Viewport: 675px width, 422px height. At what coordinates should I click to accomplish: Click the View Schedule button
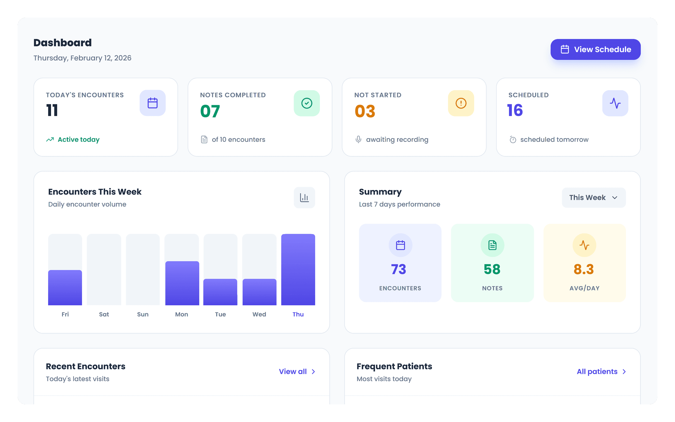[595, 49]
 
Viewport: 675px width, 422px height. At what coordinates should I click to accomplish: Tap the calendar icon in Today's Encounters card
[152, 103]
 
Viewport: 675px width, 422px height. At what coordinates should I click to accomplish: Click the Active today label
[78, 139]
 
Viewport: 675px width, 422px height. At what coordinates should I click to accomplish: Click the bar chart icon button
[304, 197]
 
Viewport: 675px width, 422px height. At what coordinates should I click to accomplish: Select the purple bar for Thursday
[298, 269]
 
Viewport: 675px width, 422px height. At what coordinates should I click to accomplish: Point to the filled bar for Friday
[65, 287]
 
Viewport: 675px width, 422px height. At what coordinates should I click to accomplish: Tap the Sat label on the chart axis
[104, 314]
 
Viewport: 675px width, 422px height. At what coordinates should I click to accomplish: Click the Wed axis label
[259, 314]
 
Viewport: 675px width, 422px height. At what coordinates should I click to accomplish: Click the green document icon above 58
[492, 245]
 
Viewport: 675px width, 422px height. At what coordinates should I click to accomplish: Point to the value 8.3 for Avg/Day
[584, 269]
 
